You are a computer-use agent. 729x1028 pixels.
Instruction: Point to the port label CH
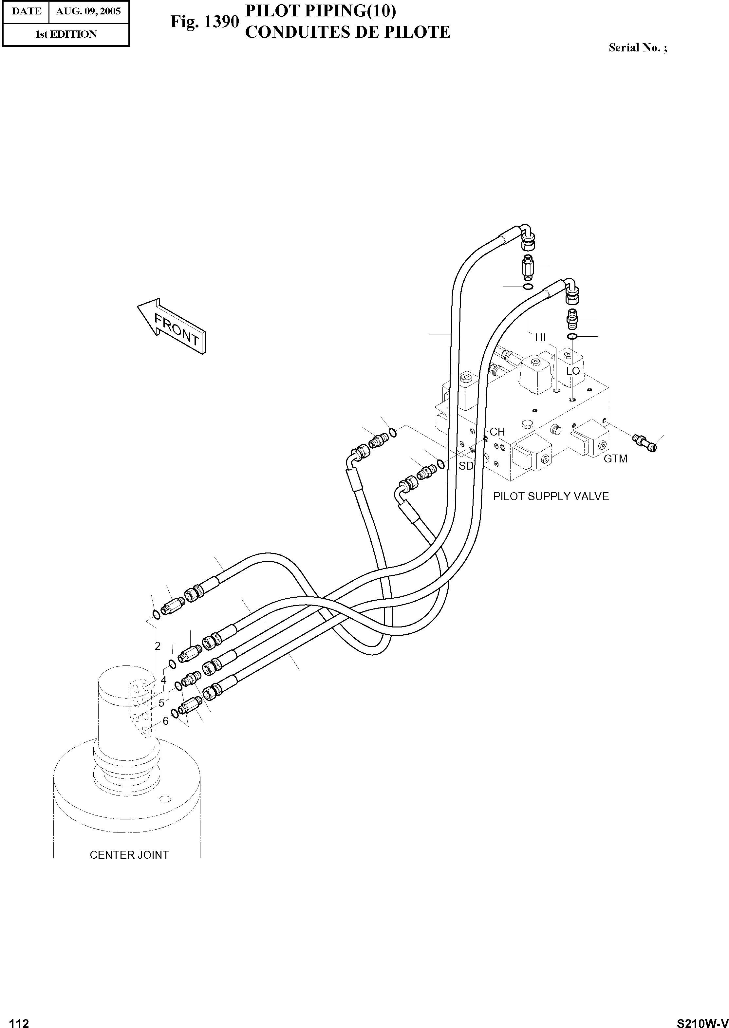[497, 432]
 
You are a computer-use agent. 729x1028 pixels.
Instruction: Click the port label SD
[466, 466]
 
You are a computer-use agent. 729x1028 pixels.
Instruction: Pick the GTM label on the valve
[615, 459]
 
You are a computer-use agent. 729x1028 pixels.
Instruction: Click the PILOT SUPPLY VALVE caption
[551, 496]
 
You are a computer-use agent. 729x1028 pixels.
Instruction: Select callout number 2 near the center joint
[158, 646]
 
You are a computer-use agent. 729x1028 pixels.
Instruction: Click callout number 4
[163, 680]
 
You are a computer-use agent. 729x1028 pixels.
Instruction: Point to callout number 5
[161, 703]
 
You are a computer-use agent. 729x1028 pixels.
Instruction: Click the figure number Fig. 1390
[204, 22]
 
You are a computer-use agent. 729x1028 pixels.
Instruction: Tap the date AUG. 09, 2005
[88, 11]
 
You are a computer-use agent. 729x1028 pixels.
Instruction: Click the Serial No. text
[637, 48]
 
